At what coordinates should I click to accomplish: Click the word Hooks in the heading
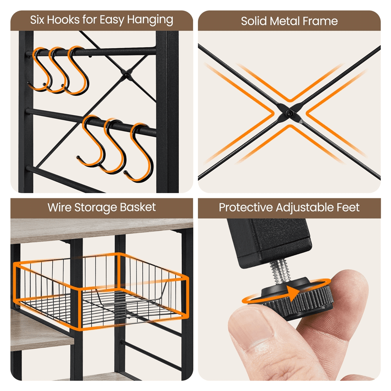tap(63, 20)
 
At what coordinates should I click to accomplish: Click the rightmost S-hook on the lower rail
tap(139, 152)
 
